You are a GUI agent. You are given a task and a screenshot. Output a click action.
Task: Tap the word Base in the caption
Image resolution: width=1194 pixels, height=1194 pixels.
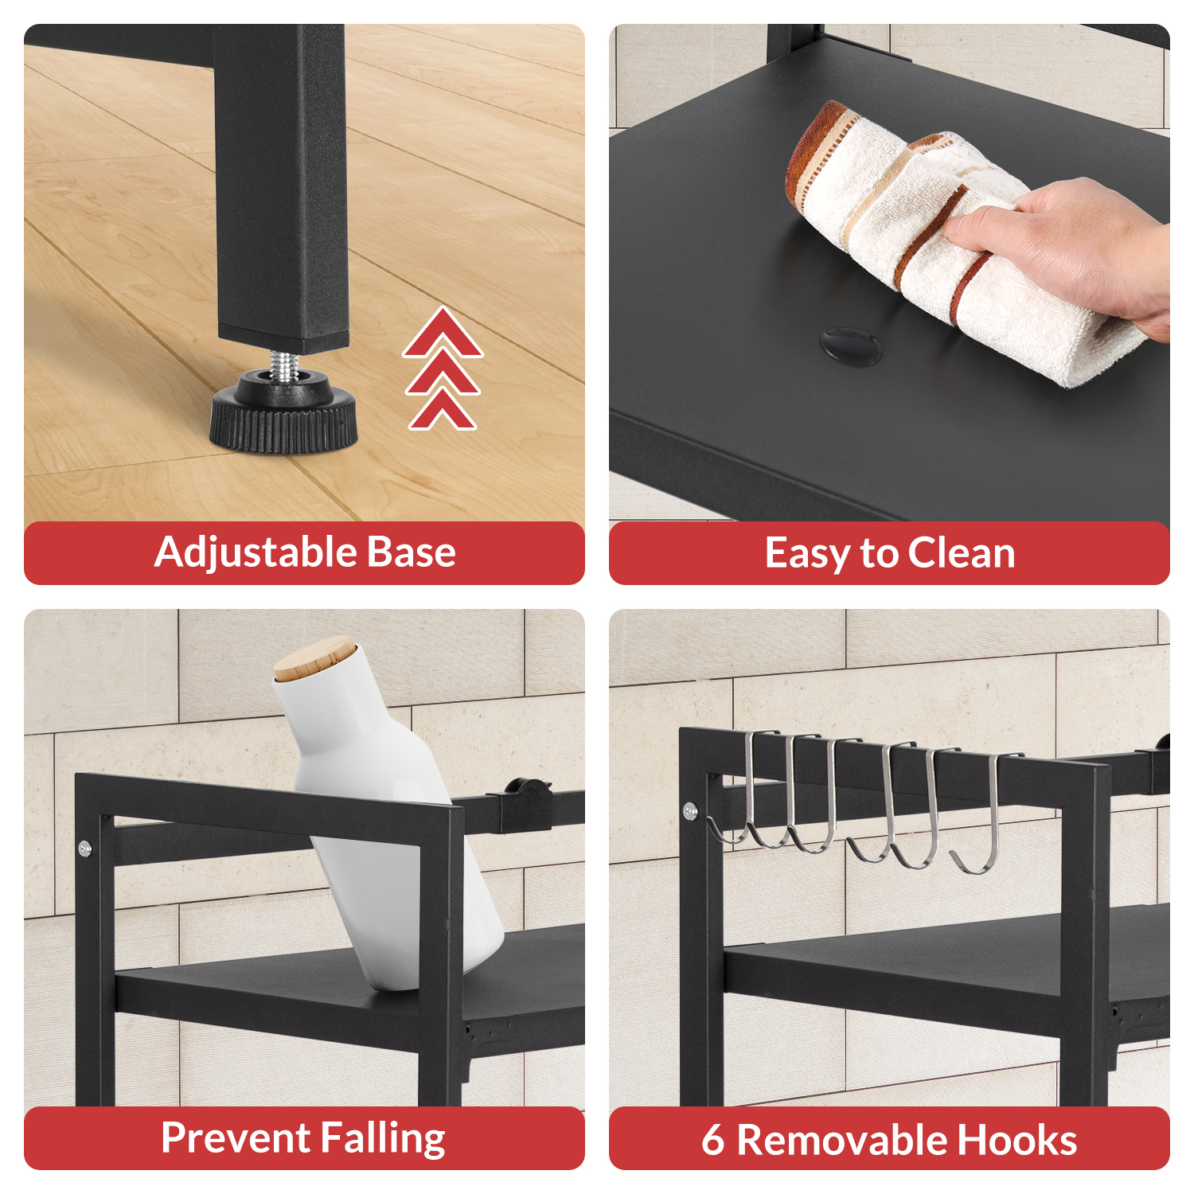click(x=406, y=552)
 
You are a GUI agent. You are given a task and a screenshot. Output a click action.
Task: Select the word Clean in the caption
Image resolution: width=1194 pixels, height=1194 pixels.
click(x=962, y=552)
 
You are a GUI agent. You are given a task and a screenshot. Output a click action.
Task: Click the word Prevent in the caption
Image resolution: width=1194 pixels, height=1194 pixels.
click(x=236, y=1137)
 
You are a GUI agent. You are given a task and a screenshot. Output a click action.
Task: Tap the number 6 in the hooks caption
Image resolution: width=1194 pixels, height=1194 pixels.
click(x=713, y=1140)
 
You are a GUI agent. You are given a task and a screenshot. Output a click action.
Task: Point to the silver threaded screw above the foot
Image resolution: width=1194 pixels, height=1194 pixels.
click(x=284, y=363)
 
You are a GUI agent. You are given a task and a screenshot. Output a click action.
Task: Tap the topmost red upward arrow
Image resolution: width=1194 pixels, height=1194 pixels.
click(x=443, y=333)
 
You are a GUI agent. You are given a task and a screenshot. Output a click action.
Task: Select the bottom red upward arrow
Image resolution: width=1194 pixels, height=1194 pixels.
click(x=443, y=411)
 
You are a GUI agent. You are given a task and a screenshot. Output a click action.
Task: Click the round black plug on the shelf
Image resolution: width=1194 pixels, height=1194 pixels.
click(x=850, y=345)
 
